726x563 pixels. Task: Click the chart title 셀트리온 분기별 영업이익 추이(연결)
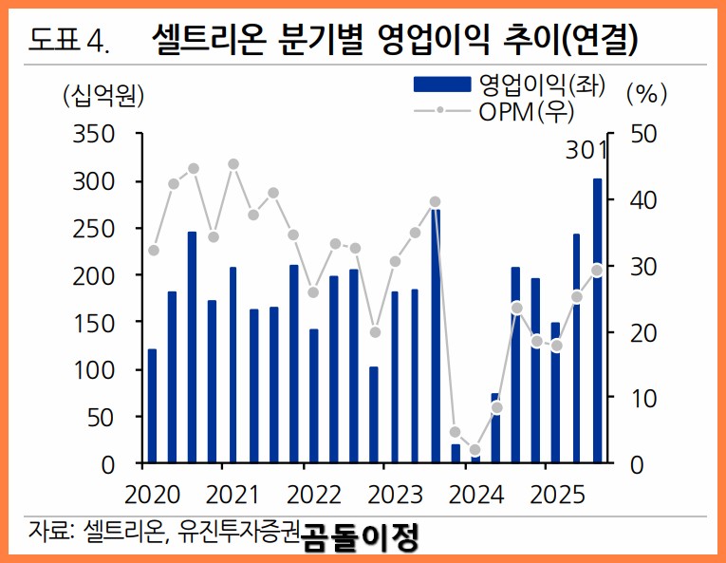coord(394,39)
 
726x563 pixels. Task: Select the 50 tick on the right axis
coord(635,134)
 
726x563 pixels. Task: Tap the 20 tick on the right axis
coord(635,332)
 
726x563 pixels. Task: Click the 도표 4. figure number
coord(68,40)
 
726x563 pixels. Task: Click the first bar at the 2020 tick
coord(152,406)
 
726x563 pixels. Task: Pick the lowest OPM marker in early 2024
coord(475,450)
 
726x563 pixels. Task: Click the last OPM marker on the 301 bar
coord(597,270)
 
